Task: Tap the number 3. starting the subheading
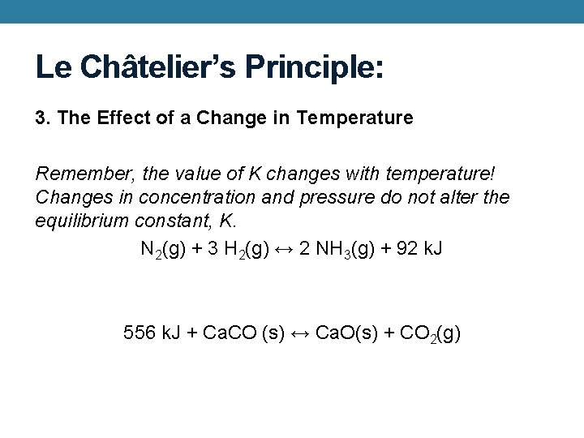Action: [43, 118]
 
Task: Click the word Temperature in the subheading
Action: [354, 118]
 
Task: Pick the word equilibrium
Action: [81, 221]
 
